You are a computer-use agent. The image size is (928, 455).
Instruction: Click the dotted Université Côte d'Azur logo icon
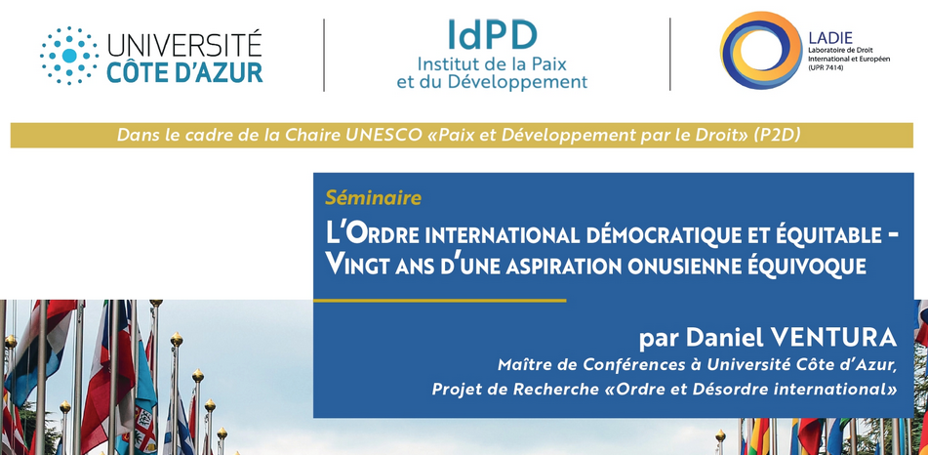tap(69, 56)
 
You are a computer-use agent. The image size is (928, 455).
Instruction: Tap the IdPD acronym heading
tap(492, 35)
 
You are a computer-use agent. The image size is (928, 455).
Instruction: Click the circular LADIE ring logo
tap(761, 51)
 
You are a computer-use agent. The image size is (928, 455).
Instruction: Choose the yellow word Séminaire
tap(374, 198)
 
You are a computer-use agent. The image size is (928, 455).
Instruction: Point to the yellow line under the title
tap(440, 301)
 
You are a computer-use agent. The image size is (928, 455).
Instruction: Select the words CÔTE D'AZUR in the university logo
tap(184, 72)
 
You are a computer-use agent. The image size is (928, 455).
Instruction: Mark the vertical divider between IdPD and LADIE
tap(670, 55)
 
